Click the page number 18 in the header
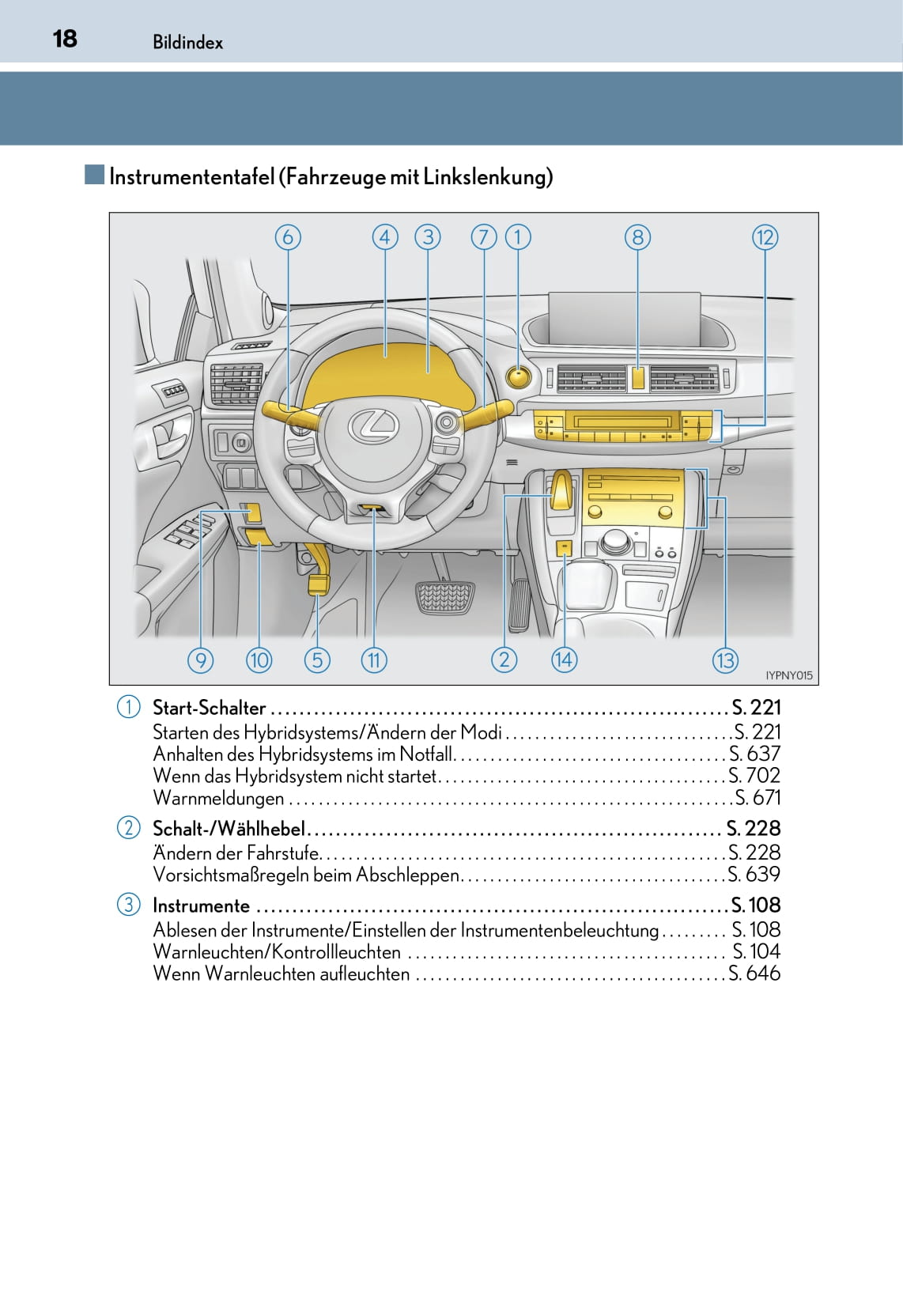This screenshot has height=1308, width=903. coord(65,39)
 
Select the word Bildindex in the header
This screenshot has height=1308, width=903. coord(187,43)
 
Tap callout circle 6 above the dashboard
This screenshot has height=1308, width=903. coord(288,237)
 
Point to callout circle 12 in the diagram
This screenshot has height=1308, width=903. coord(765,237)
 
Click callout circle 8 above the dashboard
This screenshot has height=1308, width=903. coord(637,237)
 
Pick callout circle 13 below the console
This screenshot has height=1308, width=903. coord(725,660)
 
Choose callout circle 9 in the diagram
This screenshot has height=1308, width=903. coord(201,660)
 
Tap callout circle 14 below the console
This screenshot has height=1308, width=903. coord(564,660)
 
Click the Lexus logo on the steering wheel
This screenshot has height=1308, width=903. coord(373,427)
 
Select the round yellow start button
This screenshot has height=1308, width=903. coord(518,376)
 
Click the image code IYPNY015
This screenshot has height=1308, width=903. coord(788,675)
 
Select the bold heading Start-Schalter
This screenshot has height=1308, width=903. coord(209,708)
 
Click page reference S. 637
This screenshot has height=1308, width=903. coord(754,754)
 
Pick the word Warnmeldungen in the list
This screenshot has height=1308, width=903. coord(218,799)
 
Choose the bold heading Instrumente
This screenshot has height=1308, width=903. coord(201,905)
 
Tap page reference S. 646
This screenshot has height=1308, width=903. coord(754,973)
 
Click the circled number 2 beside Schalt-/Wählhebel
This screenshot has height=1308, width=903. coord(128,828)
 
